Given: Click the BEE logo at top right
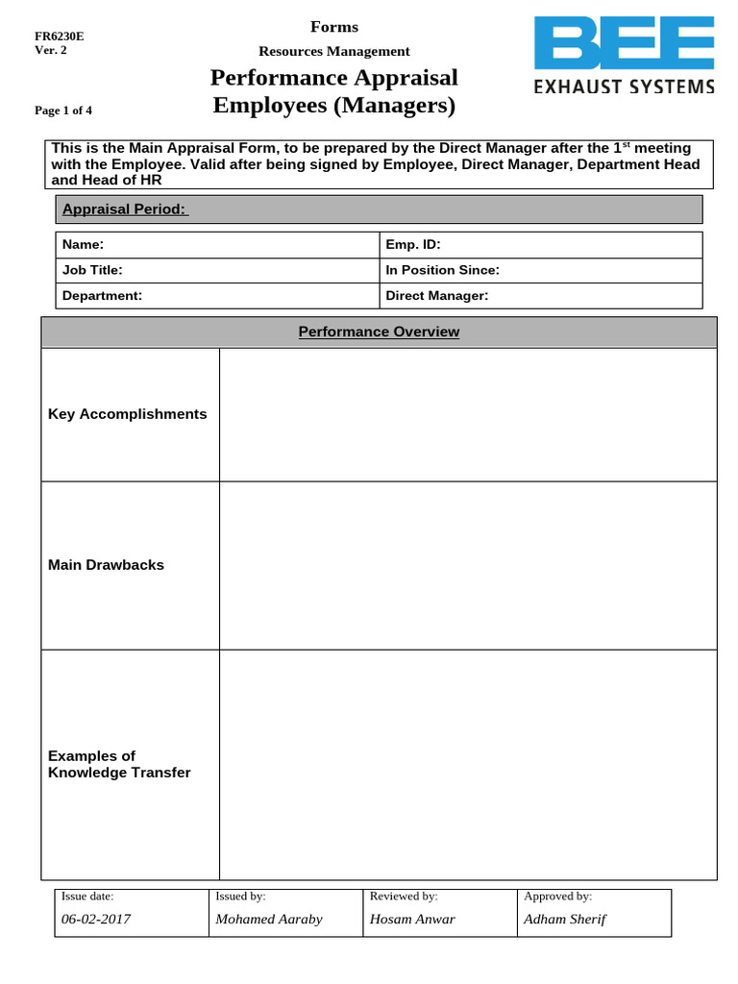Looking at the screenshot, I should [624, 56].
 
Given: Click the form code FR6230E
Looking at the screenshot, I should [60, 37].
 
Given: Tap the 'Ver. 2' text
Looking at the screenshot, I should [51, 51].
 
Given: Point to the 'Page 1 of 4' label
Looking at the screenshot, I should [63, 111].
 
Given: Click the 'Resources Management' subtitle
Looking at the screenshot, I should [333, 51].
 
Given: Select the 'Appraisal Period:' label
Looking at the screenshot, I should [125, 209].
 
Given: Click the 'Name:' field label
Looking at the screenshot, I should [83, 245].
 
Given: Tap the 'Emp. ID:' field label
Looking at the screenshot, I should [412, 245].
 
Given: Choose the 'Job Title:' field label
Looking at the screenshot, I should [92, 270].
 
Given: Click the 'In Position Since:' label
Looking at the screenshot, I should [442, 270].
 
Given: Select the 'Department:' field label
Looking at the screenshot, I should [102, 296].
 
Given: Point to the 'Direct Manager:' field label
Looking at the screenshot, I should [437, 296].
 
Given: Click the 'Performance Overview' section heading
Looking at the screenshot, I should [379, 332].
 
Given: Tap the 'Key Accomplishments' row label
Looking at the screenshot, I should [127, 414].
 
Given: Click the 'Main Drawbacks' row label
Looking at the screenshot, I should [106, 565].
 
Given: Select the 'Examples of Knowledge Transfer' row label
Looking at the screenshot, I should [119, 764].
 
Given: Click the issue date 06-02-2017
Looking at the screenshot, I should [96, 919].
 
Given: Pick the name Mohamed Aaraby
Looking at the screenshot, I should [269, 919].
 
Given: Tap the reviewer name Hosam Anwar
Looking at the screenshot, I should [412, 919].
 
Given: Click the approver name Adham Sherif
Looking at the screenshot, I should [565, 919].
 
